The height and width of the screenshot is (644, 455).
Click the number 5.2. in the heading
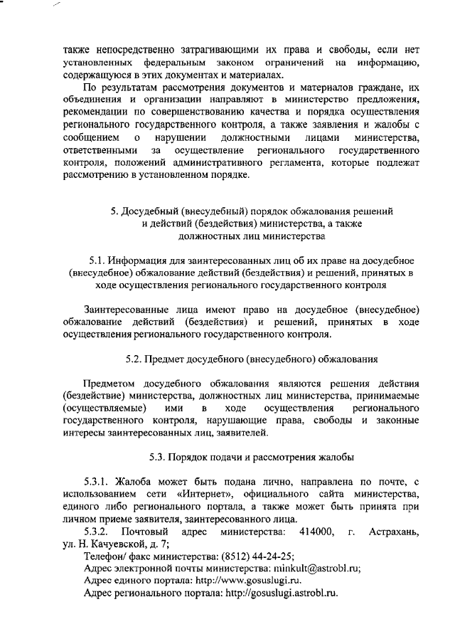click(135, 358)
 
